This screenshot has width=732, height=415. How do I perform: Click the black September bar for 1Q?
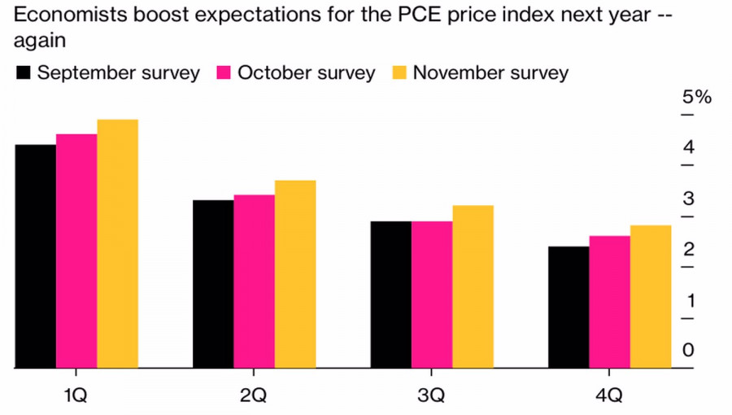[x=36, y=256]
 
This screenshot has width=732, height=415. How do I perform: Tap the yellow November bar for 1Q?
[x=117, y=244]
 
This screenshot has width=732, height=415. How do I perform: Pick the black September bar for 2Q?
[x=213, y=284]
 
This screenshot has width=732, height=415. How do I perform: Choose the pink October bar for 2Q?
[x=254, y=282]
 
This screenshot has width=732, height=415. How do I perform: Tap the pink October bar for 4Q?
[x=609, y=302]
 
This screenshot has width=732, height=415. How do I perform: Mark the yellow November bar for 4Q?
[x=650, y=296]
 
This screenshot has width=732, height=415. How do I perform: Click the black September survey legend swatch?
[x=24, y=73]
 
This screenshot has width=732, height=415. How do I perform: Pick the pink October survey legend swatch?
[x=224, y=73]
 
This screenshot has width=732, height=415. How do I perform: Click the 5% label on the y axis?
[x=696, y=98]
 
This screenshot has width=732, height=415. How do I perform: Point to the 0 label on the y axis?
[x=688, y=351]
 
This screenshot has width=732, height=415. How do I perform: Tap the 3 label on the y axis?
[x=688, y=199]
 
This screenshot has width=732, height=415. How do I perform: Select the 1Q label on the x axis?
[x=76, y=395]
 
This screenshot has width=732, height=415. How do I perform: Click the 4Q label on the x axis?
[x=609, y=395]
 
